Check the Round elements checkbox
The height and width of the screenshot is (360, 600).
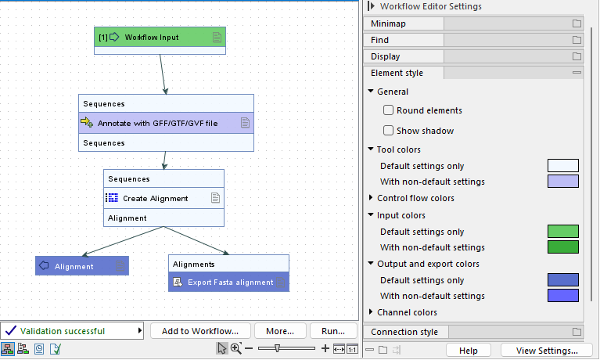[388, 110]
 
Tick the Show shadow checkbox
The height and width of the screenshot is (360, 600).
[388, 131]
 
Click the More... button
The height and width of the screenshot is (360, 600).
[279, 330]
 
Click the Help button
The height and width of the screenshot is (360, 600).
[469, 350]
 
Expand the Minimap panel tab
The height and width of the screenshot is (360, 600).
[404, 23]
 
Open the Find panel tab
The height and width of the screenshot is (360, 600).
[404, 40]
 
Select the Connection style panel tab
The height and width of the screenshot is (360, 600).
[404, 332]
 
